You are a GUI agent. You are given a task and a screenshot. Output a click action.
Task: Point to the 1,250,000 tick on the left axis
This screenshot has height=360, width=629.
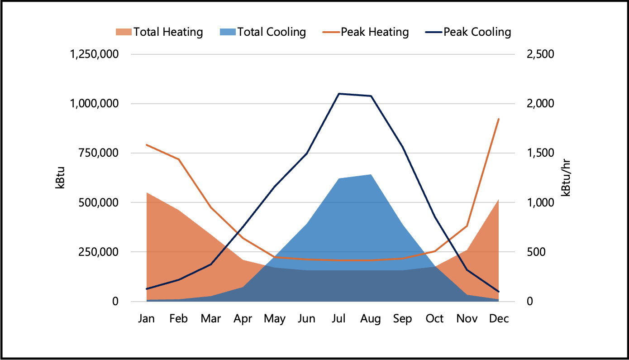tap(94, 54)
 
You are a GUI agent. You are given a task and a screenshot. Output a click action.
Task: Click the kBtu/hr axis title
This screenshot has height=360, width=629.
tap(566, 178)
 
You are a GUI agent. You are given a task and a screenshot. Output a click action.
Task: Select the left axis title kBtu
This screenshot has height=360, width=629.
tap(60, 178)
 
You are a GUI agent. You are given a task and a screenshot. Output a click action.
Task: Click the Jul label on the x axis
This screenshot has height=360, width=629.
tap(338, 319)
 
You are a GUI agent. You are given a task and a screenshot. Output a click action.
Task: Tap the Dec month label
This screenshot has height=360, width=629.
tap(499, 319)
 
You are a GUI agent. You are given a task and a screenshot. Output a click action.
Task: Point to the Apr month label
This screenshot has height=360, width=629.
tap(243, 319)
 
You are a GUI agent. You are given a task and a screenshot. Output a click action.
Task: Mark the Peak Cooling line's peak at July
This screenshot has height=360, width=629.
tap(338, 94)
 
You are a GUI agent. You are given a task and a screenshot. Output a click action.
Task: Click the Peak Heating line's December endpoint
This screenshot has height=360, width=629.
tap(499, 119)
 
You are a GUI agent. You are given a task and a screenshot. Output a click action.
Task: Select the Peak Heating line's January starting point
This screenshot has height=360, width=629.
tap(147, 145)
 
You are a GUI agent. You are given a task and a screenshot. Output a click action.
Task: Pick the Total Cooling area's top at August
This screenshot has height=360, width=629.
tap(371, 174)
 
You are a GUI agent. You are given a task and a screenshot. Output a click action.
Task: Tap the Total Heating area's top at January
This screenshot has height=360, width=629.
tap(147, 193)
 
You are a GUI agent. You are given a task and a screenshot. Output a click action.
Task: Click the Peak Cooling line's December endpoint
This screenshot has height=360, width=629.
tap(499, 292)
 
